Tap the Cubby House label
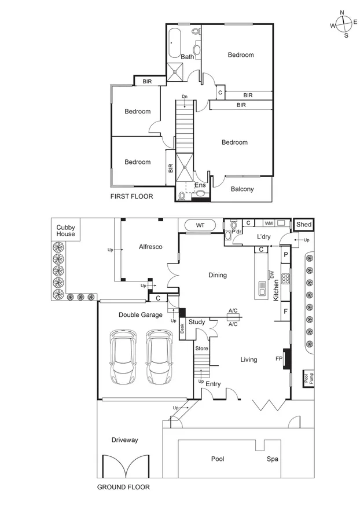[65, 230]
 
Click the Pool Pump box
[306, 379]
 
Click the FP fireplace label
[278, 359]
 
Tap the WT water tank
[200, 225]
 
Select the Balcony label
[242, 189]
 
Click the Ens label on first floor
[200, 185]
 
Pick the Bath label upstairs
[187, 57]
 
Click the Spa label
[272, 459]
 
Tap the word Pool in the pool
[218, 459]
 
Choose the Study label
[197, 321]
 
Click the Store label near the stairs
[201, 349]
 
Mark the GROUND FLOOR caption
[123, 487]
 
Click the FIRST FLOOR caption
[131, 196]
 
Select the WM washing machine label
[268, 223]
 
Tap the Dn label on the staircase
[185, 97]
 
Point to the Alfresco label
[150, 247]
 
